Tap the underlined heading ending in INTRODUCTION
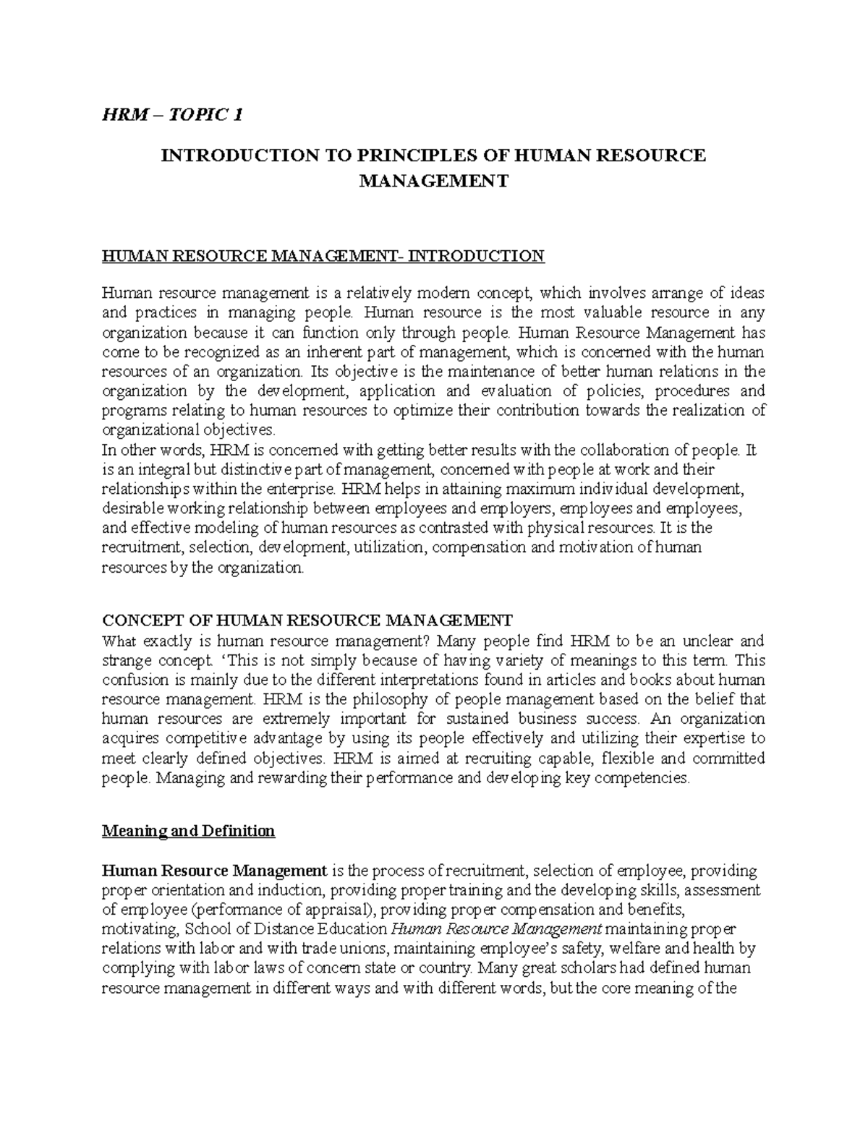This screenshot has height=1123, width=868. click(x=323, y=255)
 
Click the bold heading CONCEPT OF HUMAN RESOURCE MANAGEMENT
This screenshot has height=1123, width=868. click(x=307, y=620)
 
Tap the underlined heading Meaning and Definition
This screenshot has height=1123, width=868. click(x=188, y=831)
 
